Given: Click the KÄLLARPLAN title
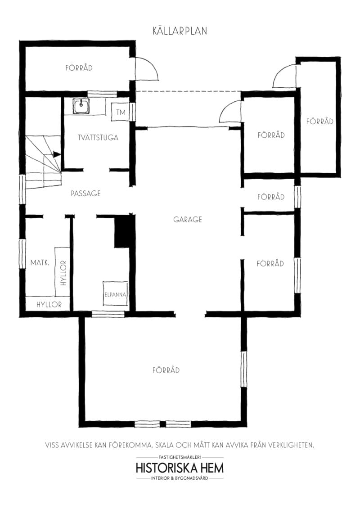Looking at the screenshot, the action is [x=180, y=31].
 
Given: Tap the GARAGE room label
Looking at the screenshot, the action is [x=188, y=220].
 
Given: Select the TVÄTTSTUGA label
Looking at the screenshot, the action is [x=98, y=138].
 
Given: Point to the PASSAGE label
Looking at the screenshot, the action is [x=85, y=193].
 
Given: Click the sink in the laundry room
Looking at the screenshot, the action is [x=81, y=106].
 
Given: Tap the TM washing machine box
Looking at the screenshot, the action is [x=120, y=113].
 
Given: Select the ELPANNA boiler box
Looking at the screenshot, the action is [x=115, y=294].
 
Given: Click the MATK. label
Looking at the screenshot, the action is [x=40, y=263].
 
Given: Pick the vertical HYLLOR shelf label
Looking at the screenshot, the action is [x=63, y=273].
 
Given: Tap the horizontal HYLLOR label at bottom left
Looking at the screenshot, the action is [x=49, y=304].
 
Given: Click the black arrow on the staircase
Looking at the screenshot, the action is [x=57, y=154].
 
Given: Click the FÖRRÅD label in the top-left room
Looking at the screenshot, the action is [x=79, y=68].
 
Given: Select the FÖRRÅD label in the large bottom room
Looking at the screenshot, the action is [x=166, y=370].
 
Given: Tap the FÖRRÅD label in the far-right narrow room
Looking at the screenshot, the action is [x=320, y=122].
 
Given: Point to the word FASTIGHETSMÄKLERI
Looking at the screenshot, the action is [x=180, y=457].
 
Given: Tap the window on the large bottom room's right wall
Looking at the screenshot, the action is [x=244, y=369].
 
